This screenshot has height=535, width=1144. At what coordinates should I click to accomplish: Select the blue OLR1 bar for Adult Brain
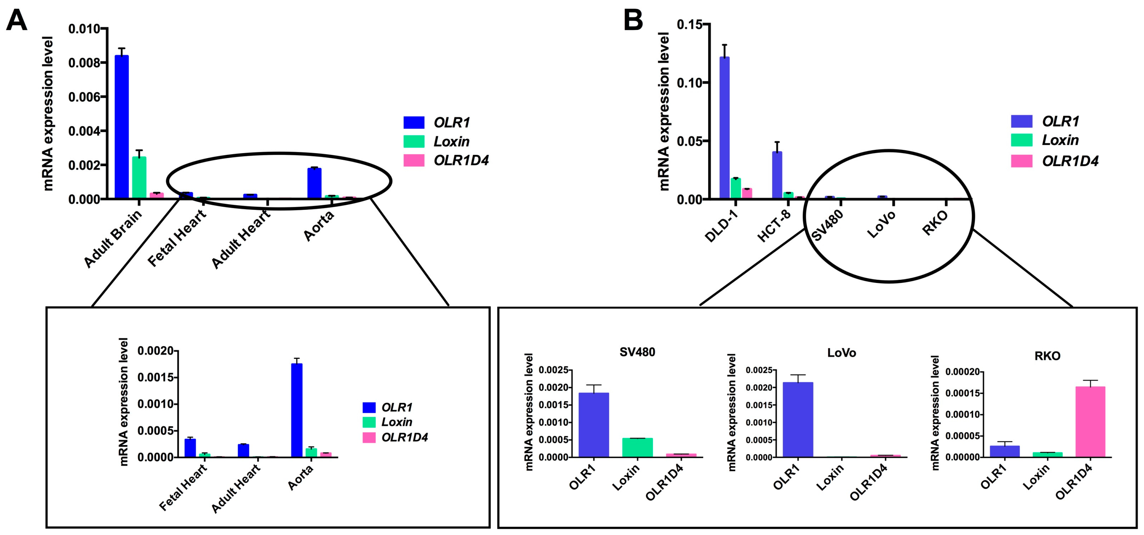point(122,127)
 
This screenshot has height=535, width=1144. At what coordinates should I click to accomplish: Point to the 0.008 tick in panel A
point(87,63)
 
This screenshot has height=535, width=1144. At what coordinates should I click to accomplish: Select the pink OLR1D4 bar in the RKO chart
point(1090,421)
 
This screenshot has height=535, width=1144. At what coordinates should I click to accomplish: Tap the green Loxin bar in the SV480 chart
point(637,447)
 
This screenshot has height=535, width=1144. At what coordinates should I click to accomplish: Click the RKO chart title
point(1047,356)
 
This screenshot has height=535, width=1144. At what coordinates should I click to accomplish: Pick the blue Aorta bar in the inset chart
point(297,410)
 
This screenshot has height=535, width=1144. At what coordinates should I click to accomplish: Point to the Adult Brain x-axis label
point(113,239)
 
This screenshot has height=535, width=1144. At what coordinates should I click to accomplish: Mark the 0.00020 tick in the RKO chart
point(963,372)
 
